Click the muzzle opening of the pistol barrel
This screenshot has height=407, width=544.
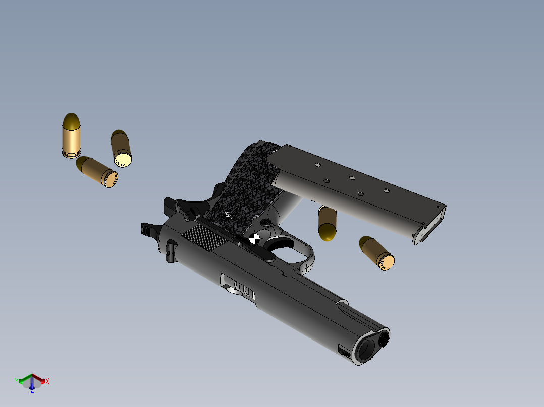point(367,348)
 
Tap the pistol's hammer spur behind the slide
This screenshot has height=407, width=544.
point(148,229)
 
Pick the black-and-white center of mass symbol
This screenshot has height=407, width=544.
point(254,238)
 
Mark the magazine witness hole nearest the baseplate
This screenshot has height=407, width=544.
point(386,190)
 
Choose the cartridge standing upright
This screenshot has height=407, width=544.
point(71,135)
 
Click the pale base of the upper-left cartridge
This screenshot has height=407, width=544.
point(123,160)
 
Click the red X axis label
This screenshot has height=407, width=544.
point(47,382)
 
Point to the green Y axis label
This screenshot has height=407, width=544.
point(16,381)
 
